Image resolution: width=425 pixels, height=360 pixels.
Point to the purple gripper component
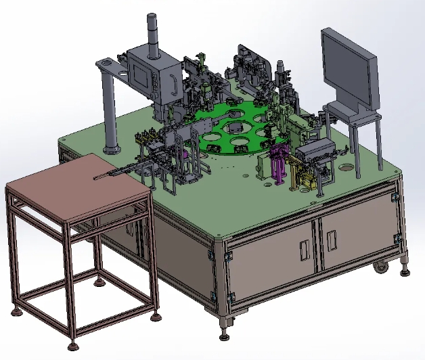coord(278,166)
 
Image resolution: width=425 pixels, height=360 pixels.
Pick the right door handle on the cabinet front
coord(331,238)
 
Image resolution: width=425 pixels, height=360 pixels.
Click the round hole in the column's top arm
coord(122,70)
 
